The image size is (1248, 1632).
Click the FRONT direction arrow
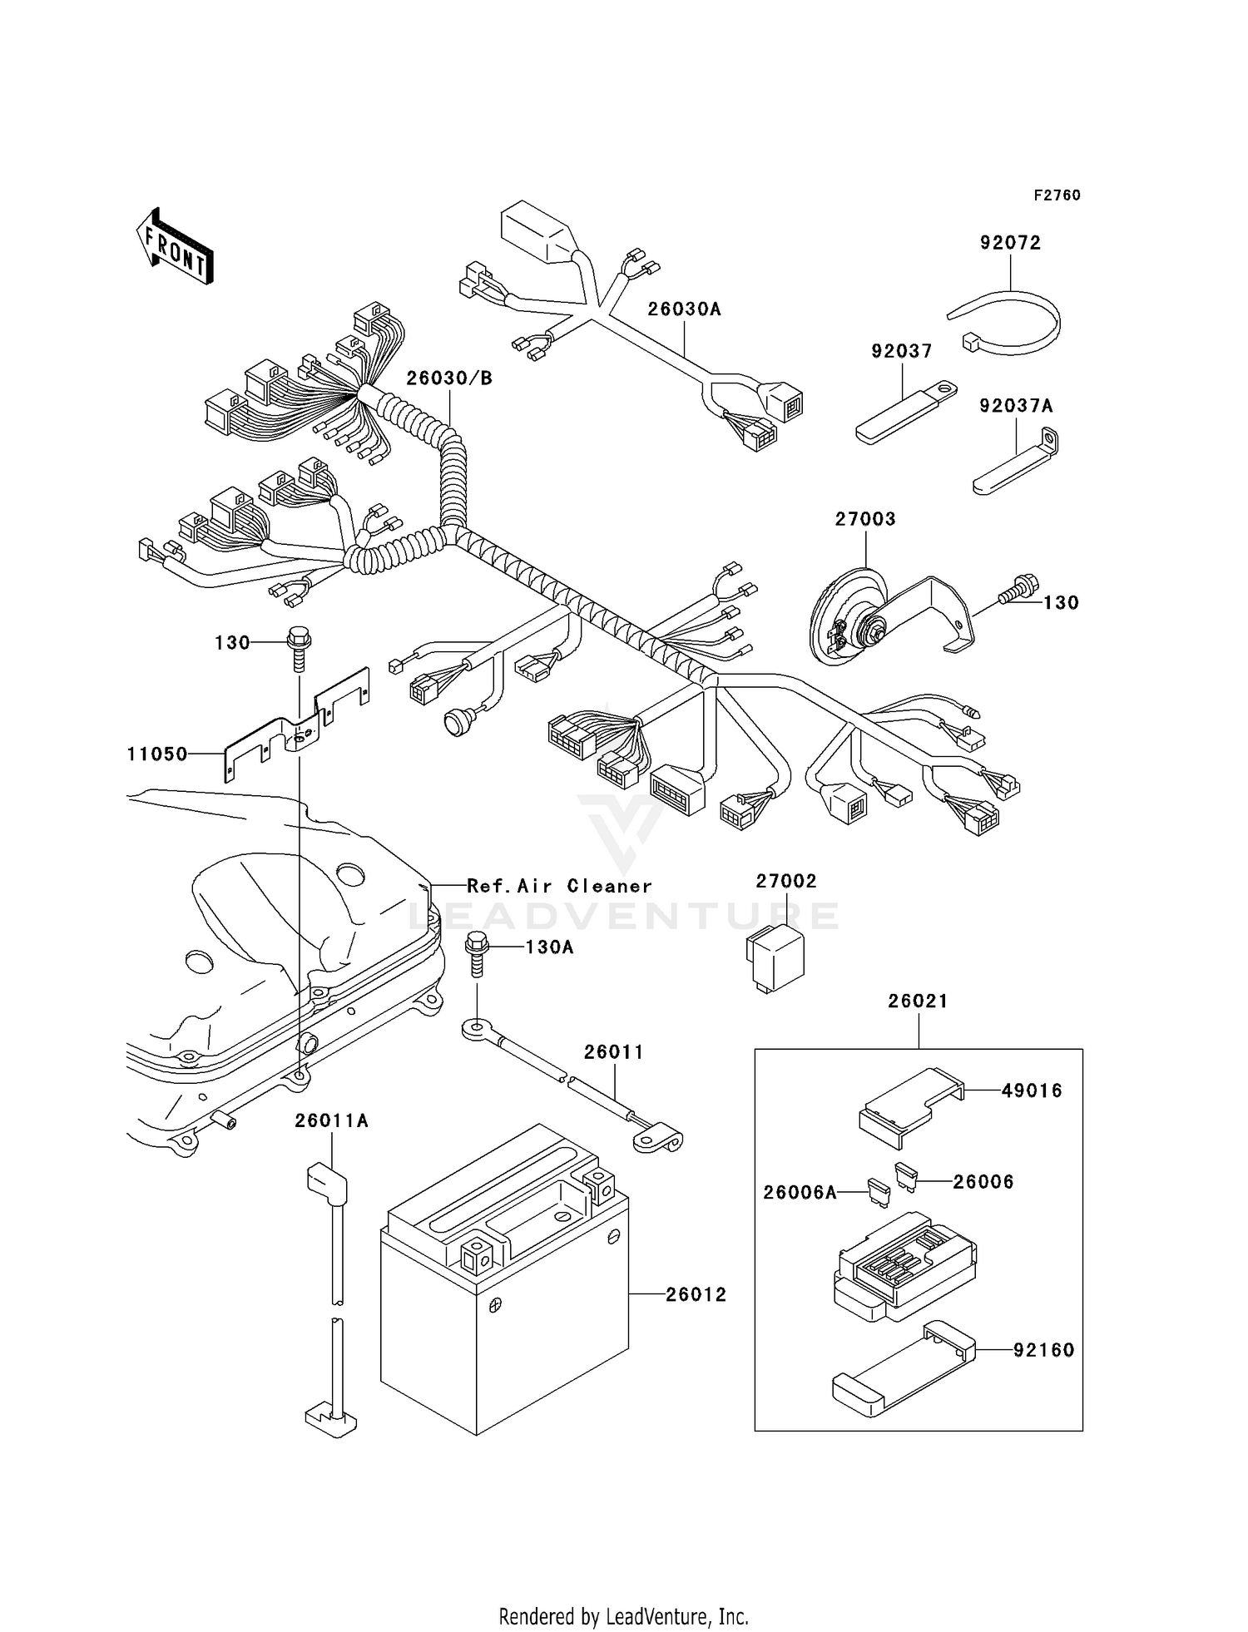(x=175, y=247)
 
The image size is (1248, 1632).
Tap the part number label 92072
(x=1010, y=243)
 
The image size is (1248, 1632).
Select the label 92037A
(x=1016, y=406)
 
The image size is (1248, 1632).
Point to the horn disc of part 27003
(x=842, y=618)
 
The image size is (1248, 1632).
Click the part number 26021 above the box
(x=918, y=1001)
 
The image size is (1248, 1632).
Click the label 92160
(x=1043, y=1350)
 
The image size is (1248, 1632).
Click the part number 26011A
(x=331, y=1121)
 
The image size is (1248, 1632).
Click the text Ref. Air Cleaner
(x=559, y=887)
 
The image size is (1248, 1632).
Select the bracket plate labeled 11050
(x=295, y=725)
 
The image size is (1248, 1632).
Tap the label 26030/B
(x=449, y=378)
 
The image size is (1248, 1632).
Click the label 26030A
(x=684, y=309)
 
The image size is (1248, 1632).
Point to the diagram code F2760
(x=1057, y=195)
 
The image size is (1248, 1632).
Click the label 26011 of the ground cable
(x=613, y=1052)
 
